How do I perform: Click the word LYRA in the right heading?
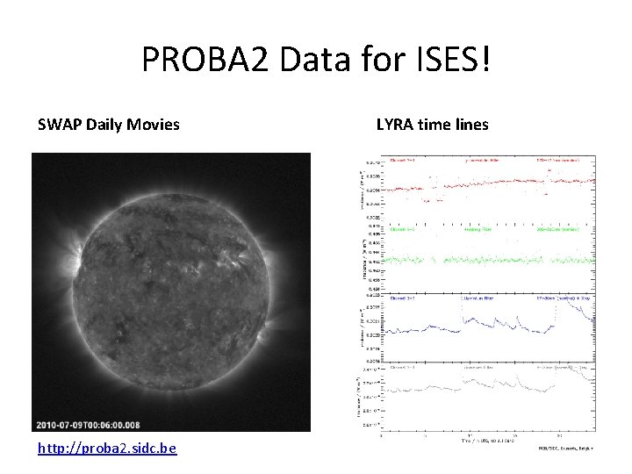click(394, 125)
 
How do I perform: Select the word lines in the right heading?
click(470, 125)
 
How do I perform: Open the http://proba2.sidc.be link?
click(107, 449)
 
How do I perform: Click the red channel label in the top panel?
click(404, 162)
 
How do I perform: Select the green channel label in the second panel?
click(404, 229)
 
